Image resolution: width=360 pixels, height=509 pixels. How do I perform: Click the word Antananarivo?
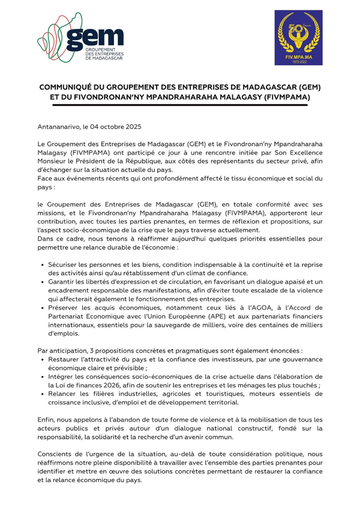(x=59, y=127)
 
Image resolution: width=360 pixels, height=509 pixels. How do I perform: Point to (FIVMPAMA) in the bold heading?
(x=283, y=97)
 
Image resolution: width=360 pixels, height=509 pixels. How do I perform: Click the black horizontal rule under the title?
(x=180, y=105)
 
